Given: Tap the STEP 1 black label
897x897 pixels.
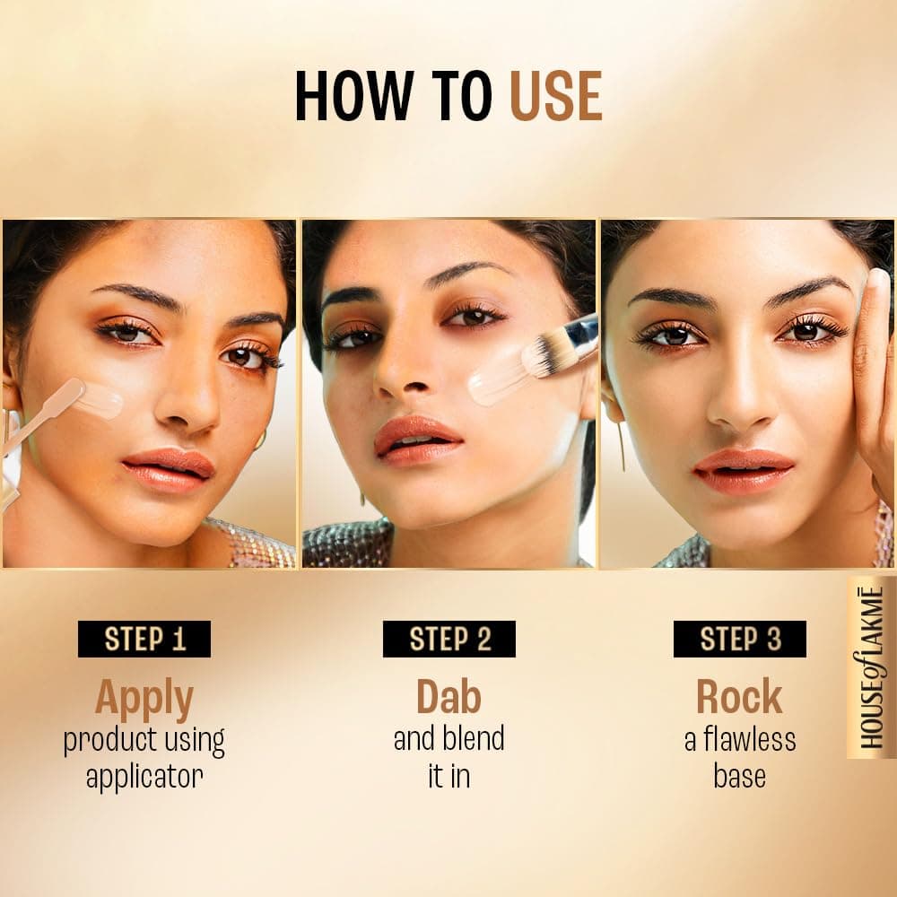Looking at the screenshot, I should click(144, 639).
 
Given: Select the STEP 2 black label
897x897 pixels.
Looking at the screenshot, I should click(448, 639).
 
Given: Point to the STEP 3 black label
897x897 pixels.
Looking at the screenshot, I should click(739, 639).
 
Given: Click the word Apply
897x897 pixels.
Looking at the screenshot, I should click(144, 697).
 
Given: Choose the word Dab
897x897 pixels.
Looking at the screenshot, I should click(448, 697).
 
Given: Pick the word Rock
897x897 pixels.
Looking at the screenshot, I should click(739, 697).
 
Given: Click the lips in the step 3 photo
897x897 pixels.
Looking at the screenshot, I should click(744, 470).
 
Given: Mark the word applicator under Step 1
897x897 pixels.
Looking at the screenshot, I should click(144, 776).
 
